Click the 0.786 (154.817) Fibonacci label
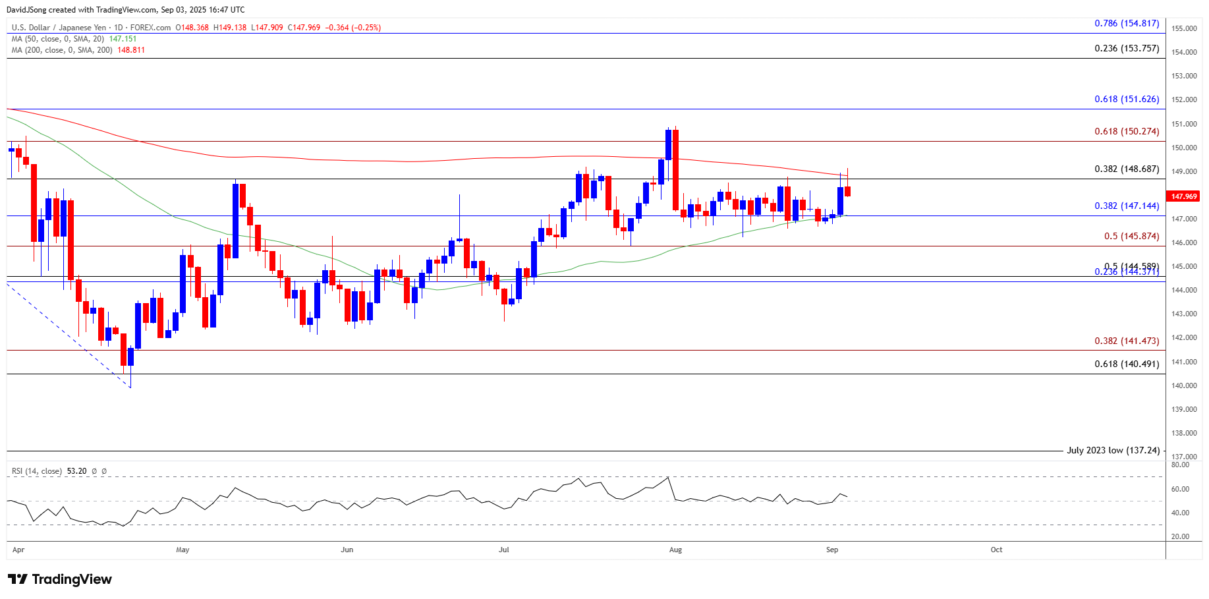pos(1127,23)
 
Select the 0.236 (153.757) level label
pos(1127,48)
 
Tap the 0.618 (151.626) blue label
pos(1127,99)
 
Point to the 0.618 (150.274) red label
pos(1127,131)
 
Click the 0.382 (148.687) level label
pos(1127,169)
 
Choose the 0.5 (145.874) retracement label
pos(1131,236)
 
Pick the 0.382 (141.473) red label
pos(1127,341)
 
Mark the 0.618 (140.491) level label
pos(1127,364)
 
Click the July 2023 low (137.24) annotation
pos(1113,450)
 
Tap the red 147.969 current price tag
pos(1184,196)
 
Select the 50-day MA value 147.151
pos(123,39)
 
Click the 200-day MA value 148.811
pos(131,50)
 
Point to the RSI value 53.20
pos(76,471)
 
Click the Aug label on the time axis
pos(675,550)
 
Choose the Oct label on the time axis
pos(996,550)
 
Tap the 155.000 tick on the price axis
pos(1184,28)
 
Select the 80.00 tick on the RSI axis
pos(1180,465)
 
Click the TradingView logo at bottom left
pos(60,579)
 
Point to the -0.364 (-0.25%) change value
pos(352,28)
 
